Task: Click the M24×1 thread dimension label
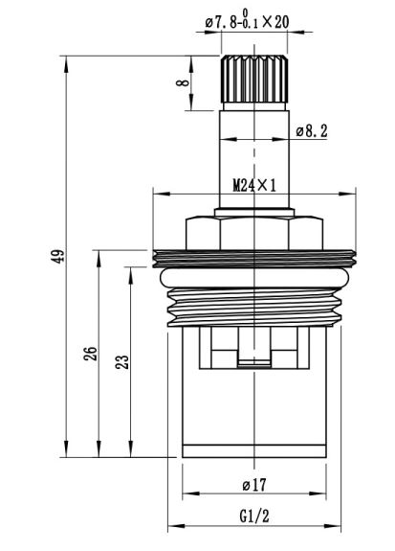point(254,185)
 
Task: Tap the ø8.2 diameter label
point(312,131)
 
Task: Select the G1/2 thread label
point(254,517)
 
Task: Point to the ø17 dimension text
point(254,485)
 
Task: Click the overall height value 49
point(57,256)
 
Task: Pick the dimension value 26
point(90,354)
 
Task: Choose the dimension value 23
point(122,362)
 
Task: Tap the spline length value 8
point(183,83)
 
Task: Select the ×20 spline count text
point(276,22)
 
